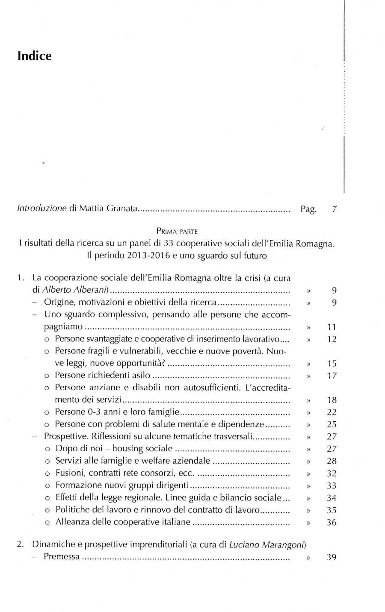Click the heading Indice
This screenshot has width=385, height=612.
click(x=35, y=56)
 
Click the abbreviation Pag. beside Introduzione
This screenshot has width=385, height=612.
click(x=308, y=209)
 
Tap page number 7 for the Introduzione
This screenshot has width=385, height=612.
click(x=334, y=209)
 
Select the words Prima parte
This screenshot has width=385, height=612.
click(x=177, y=231)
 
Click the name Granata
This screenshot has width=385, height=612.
click(x=122, y=209)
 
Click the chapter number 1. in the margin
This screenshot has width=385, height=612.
click(x=21, y=278)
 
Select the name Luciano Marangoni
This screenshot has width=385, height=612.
click(x=267, y=544)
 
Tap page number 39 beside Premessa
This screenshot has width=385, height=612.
click(x=331, y=557)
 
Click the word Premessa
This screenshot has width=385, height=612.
click(x=62, y=556)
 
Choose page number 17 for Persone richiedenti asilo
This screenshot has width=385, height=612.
click(x=332, y=376)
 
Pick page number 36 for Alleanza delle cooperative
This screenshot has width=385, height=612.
click(x=332, y=522)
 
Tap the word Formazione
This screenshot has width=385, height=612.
click(x=76, y=485)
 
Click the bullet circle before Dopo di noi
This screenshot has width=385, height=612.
click(x=47, y=449)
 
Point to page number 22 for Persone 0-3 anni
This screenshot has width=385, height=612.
click(x=332, y=412)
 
